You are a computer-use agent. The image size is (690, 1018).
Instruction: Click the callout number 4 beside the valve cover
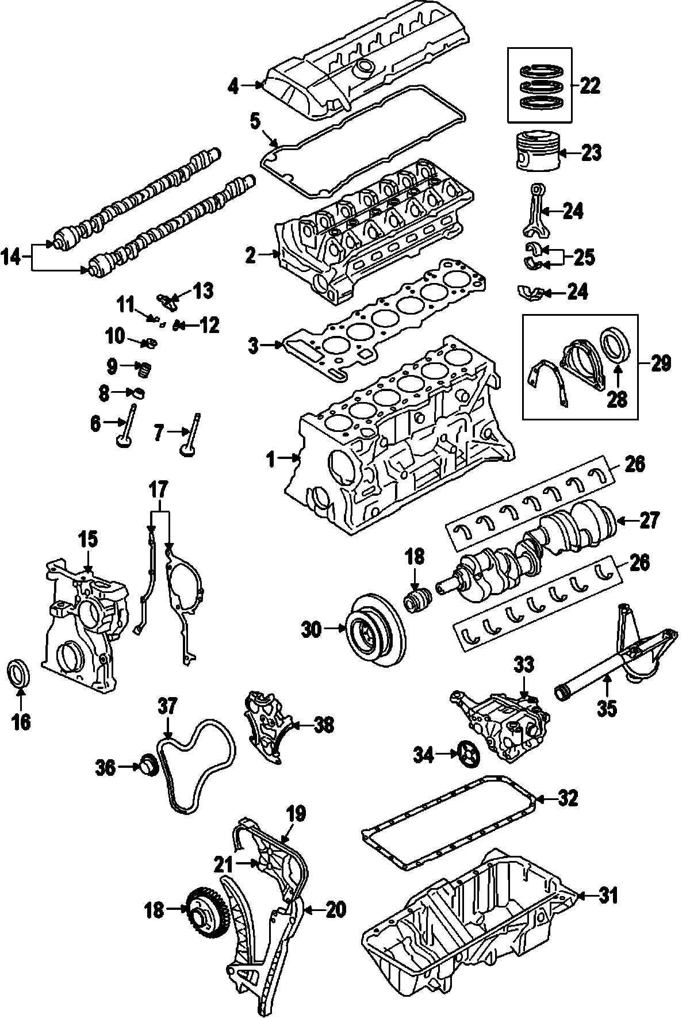coord(232,86)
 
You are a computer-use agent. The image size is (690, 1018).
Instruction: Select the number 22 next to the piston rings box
coord(590,86)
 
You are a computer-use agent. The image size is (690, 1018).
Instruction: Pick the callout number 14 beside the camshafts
coord(11,257)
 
